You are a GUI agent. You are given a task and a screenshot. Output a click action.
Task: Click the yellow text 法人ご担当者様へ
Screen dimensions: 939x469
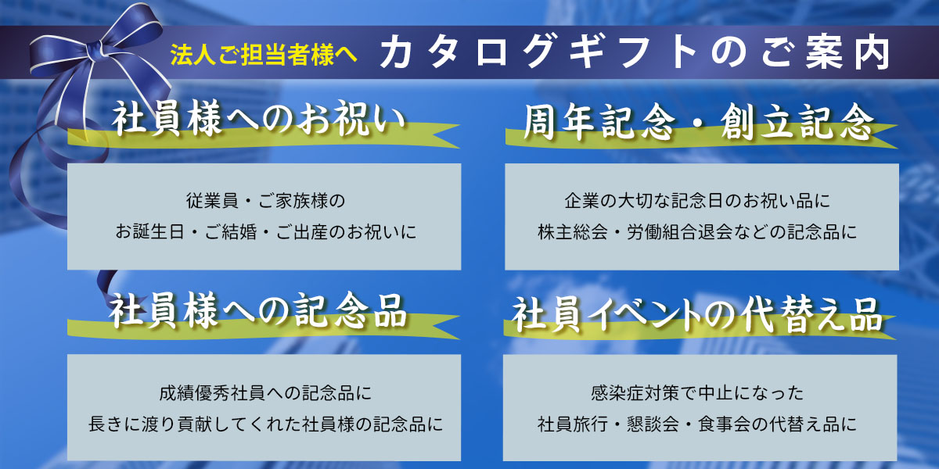click(x=264, y=55)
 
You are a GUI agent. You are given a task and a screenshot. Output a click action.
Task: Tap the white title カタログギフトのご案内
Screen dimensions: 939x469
click(x=635, y=52)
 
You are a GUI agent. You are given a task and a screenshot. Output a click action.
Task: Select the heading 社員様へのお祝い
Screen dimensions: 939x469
click(x=259, y=119)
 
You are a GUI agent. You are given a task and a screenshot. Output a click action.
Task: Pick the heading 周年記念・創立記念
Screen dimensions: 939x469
click(x=699, y=122)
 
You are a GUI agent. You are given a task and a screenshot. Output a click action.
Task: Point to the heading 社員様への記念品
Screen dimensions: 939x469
click(x=257, y=310)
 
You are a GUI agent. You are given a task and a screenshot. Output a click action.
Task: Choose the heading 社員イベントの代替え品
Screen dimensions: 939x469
click(x=696, y=314)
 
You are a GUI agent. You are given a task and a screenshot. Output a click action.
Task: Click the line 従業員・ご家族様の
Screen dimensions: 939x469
click(x=265, y=201)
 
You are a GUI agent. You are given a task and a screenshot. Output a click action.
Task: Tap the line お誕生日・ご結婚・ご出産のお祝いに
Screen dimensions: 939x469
click(x=266, y=232)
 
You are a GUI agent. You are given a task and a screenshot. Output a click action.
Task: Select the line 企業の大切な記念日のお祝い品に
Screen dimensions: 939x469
click(x=696, y=201)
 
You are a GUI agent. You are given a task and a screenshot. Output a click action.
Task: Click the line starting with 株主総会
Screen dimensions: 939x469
click(x=696, y=232)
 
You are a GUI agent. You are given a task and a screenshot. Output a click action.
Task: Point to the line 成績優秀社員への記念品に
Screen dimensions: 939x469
click(x=265, y=392)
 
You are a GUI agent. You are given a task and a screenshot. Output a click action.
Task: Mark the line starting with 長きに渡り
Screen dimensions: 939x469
click(x=265, y=424)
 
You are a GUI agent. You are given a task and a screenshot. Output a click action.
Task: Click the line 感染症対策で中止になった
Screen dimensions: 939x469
click(x=696, y=392)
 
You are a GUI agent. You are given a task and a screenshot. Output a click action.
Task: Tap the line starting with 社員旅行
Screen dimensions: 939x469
click(x=696, y=424)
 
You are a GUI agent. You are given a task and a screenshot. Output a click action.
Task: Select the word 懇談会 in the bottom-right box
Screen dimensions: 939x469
click(x=653, y=424)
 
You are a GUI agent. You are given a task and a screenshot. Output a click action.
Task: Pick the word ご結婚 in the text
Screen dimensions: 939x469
click(x=230, y=232)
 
